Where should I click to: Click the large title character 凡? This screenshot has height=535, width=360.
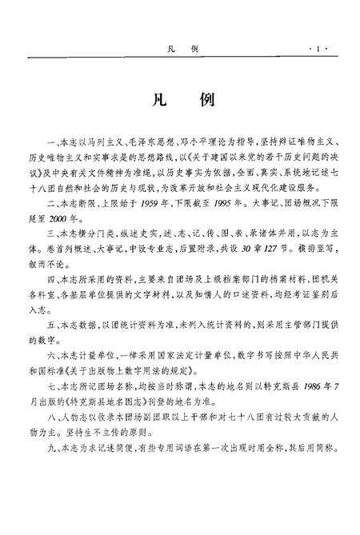coord(155,103)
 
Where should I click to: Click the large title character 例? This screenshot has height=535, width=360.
coord(205,103)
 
